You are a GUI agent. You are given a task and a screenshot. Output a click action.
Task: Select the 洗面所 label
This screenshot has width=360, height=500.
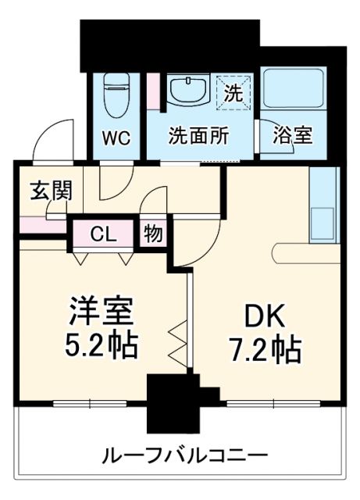199,135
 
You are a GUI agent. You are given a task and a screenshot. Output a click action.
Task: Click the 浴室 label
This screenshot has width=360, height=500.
293,135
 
